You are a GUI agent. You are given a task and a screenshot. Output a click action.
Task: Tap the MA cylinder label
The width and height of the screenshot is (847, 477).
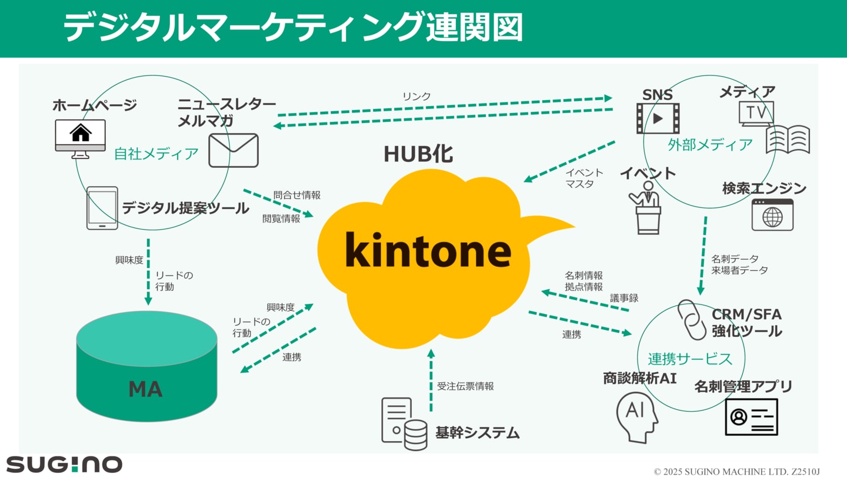pyautogui.click(x=145, y=389)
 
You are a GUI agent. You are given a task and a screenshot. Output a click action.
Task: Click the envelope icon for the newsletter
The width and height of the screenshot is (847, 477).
pyautogui.click(x=234, y=150)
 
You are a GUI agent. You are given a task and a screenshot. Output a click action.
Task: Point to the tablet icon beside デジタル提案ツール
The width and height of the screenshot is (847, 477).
pyautogui.click(x=102, y=208)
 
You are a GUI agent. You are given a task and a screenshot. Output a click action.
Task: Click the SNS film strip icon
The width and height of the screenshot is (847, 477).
pyautogui.click(x=658, y=118)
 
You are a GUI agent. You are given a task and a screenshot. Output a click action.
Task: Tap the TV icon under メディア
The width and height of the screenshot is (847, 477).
pyautogui.click(x=756, y=114)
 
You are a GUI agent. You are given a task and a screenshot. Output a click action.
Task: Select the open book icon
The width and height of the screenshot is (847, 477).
pyautogui.click(x=788, y=140)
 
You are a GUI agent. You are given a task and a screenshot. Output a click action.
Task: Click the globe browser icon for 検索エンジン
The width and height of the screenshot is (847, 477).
pyautogui.click(x=772, y=215)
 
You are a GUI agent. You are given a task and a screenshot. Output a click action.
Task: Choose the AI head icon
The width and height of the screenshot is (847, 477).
pyautogui.click(x=637, y=416)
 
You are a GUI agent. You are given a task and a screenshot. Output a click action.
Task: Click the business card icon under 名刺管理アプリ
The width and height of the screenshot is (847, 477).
pyautogui.click(x=751, y=417)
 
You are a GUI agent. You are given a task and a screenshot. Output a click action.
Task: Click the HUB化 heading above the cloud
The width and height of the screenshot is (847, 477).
pyautogui.click(x=418, y=154)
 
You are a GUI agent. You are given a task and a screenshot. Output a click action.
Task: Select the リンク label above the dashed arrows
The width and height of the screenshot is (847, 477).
pyautogui.click(x=416, y=97)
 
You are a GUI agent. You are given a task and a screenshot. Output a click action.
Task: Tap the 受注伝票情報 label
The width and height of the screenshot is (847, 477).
pyautogui.click(x=465, y=386)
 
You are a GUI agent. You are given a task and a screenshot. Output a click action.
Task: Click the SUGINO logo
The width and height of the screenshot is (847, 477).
pyautogui.click(x=64, y=464)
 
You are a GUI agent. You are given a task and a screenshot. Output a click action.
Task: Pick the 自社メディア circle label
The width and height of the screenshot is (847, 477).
pyautogui.click(x=156, y=154)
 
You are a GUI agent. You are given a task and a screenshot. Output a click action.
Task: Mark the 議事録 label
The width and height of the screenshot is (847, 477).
pyautogui.click(x=624, y=298)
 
